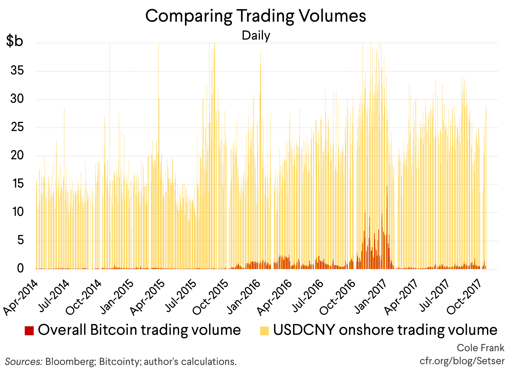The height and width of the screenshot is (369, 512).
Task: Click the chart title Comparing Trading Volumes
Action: [256, 16]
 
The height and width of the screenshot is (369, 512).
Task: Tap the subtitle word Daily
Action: [256, 36]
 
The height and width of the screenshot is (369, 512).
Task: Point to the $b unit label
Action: [15, 41]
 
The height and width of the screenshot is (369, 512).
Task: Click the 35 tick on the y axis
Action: [17, 71]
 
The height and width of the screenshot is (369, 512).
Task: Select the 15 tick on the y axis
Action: [17, 184]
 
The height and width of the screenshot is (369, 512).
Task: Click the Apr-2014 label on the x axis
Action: [21, 298]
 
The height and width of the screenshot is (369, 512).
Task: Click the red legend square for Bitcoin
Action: [29, 331]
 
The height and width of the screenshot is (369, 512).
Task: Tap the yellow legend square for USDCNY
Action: [265, 331]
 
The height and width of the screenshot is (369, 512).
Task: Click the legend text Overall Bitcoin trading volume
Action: [139, 330]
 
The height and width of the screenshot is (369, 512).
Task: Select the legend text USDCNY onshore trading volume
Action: [385, 330]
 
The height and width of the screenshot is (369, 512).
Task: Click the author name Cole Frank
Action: [480, 348]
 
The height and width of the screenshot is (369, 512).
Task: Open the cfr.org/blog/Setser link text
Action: [462, 361]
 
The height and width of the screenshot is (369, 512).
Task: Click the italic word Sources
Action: [23, 362]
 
